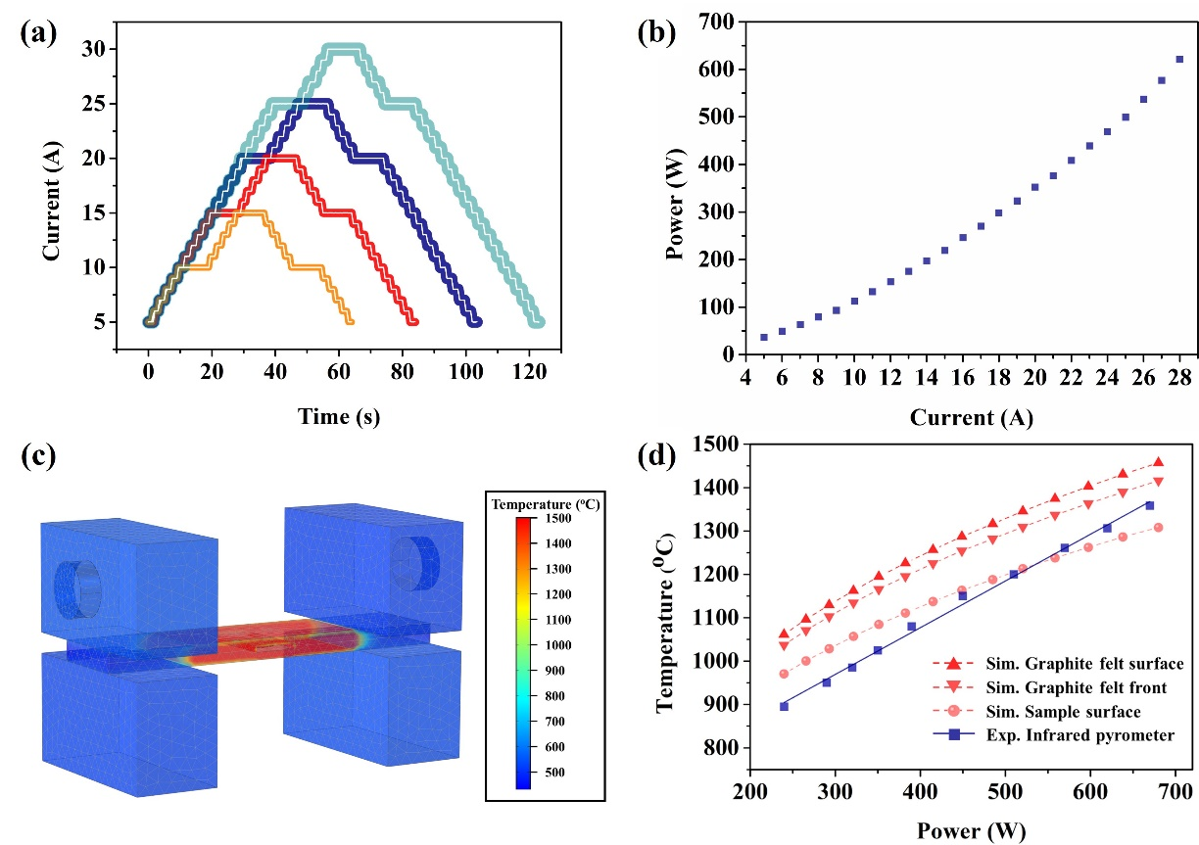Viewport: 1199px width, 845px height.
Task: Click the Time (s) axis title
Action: coord(338,416)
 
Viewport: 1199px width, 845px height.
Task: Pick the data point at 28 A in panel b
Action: coord(1179,59)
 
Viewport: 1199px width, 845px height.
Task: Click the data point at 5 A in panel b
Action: coord(764,337)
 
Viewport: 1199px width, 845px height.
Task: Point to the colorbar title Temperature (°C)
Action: coord(547,505)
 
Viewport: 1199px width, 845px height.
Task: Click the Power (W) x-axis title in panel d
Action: coord(963,831)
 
